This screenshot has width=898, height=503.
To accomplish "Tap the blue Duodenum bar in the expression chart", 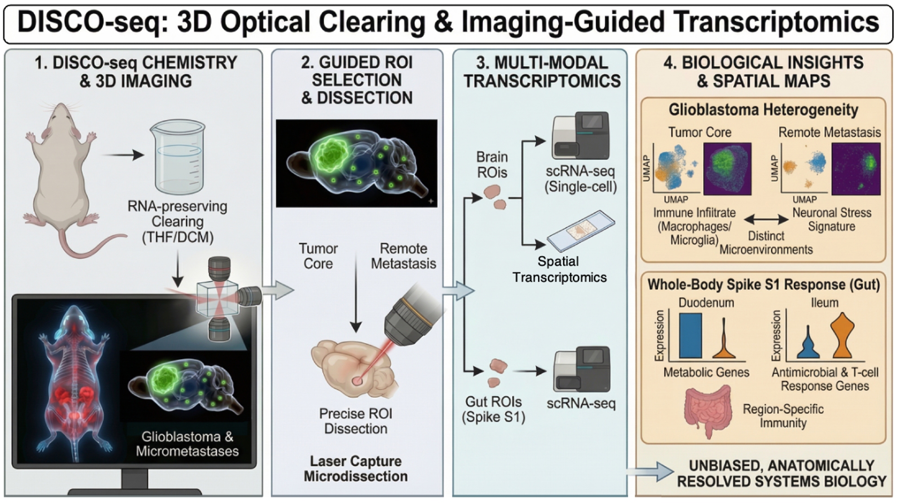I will pos(691,336).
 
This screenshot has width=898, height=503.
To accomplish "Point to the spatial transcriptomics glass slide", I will pos(580,231).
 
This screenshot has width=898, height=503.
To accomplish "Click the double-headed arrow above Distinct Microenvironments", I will pos(766,219).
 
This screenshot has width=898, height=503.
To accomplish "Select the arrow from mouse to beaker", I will pos(123,155).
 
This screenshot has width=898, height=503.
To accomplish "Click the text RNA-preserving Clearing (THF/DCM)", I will pos(178,222).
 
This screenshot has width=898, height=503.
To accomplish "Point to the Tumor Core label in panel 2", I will pos(318,256).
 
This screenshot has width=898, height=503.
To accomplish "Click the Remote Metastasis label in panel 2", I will pos(403,256).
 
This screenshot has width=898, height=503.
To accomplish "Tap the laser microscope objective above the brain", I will pos(411,317).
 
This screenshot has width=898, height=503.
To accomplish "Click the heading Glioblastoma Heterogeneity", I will pos(763,110).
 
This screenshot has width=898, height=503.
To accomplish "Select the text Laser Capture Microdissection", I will pos(356,468).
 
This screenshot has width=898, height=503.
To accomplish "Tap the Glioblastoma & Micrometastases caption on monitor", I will pos(187,444).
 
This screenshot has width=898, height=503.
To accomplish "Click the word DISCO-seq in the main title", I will pos(88,22).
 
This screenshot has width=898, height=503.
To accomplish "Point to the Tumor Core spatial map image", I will pos(727,169).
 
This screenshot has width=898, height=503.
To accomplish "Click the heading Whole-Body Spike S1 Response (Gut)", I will pos(763,285).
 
